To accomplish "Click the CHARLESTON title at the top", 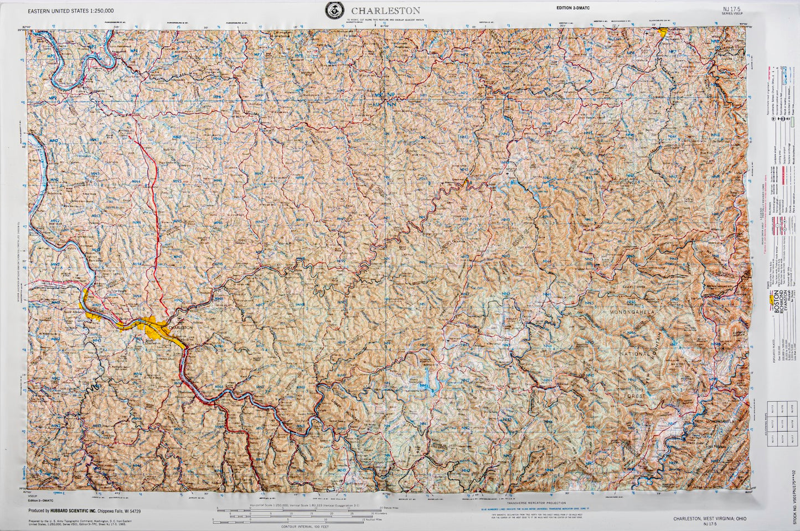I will pyautogui.click(x=385, y=11).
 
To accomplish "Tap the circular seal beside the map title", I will pyautogui.click(x=334, y=10).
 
